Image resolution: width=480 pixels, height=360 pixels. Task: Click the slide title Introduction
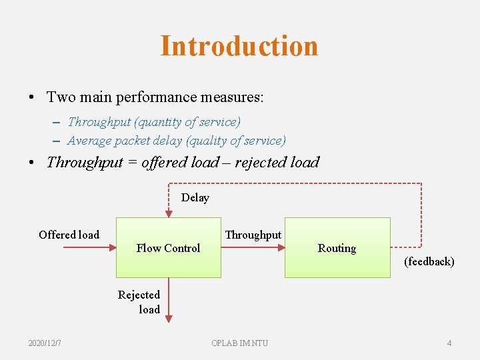point(239,46)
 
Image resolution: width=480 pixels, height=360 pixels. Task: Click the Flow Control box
point(168,248)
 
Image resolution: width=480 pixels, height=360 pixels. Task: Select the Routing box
point(337,248)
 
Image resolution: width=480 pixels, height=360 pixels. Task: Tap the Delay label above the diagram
point(195,197)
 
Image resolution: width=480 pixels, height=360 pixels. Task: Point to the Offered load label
point(69,235)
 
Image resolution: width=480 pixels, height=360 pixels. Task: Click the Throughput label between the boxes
point(253,235)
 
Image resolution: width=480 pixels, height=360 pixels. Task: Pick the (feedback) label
point(429,261)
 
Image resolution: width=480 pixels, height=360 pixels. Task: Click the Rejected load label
point(139,302)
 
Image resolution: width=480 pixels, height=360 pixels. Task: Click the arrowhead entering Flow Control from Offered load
point(113,247)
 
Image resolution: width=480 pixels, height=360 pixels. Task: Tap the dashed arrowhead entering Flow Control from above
point(169,213)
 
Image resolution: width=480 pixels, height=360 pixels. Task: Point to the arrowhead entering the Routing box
point(281,247)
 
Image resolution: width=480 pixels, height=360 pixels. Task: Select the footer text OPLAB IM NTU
point(239,343)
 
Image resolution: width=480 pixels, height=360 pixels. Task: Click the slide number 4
point(449,343)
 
